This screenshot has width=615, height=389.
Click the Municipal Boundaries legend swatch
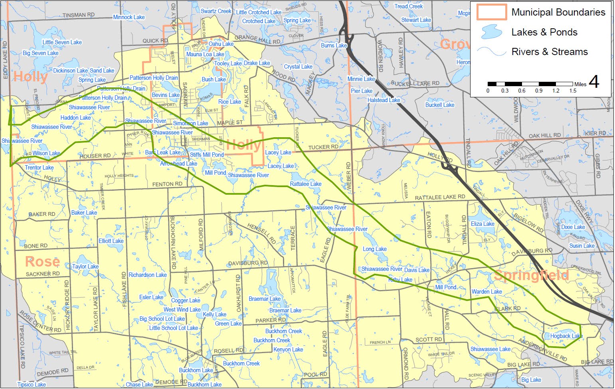pyautogui.click(x=492, y=12)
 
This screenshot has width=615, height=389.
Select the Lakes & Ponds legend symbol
pyautogui.click(x=491, y=32)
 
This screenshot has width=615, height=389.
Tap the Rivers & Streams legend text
pyautogui.click(x=550, y=52)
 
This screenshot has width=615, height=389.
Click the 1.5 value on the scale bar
pyautogui.click(x=573, y=91)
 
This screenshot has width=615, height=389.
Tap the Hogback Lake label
pyautogui.click(x=566, y=336)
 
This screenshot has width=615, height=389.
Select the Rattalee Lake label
pyautogui.click(x=305, y=184)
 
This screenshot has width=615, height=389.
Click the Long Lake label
pyautogui.click(x=374, y=249)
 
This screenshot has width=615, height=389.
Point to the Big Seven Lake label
pyautogui.click(x=40, y=53)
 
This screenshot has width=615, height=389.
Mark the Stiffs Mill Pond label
pyautogui.click(x=207, y=155)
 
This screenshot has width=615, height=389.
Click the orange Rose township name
pyautogui.click(x=42, y=262)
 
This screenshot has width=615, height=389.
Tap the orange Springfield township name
pyautogui.click(x=531, y=275)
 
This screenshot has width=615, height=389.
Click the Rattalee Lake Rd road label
pyautogui.click(x=440, y=197)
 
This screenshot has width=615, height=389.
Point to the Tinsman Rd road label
pyautogui.click(x=79, y=15)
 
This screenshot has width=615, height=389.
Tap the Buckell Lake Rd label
pyautogui.click(x=415, y=83)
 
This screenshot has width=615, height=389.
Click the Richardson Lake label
pyautogui.click(x=147, y=275)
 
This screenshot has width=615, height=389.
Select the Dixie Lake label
pyautogui.click(x=573, y=227)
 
